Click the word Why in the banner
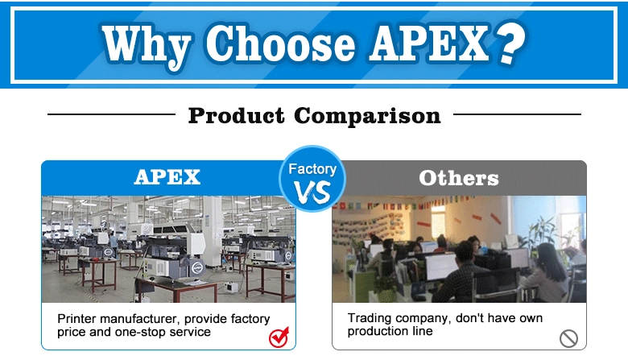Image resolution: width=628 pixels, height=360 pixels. (146, 45)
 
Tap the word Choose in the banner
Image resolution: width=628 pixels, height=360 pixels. (280, 43)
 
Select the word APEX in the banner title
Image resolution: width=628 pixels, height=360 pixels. (429, 43)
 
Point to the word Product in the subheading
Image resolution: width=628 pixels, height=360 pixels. (236, 116)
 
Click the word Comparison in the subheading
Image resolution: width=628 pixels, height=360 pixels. (367, 116)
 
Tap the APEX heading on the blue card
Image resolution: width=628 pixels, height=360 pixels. (167, 177)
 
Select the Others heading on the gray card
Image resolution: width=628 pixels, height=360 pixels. (459, 178)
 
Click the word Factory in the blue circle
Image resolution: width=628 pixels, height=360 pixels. (312, 169)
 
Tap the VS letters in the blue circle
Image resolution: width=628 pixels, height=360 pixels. (312, 192)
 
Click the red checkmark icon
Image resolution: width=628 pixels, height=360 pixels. (279, 337)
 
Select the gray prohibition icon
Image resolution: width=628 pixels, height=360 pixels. (568, 338)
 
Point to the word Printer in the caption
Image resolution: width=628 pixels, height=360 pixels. (77, 319)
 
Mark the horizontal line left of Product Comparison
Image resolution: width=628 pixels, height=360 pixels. (111, 114)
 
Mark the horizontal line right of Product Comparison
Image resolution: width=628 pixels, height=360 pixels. (517, 114)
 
